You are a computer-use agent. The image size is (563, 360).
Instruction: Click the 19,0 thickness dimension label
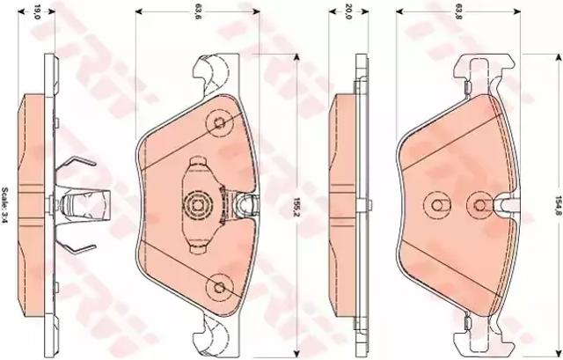click(x=36, y=11)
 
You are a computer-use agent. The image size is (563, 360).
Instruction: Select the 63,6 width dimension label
click(x=197, y=11)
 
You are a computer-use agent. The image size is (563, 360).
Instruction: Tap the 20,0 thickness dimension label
click(x=348, y=11)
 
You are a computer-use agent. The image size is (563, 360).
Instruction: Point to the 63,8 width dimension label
click(x=458, y=11)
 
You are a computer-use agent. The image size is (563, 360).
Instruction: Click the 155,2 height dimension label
click(x=296, y=207)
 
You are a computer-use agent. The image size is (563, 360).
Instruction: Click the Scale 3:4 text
click(x=5, y=204)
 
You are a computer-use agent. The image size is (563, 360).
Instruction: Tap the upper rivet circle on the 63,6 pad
click(x=219, y=123)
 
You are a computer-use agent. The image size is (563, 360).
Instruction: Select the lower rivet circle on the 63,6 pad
click(x=219, y=287)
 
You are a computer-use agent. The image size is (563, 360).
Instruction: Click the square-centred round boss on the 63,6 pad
click(x=197, y=205)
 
